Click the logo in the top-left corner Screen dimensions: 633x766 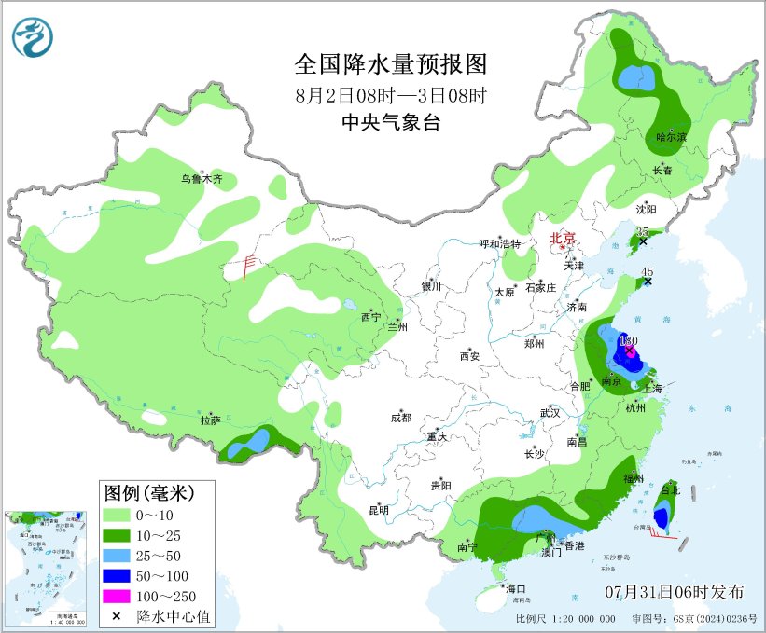pos(33,36)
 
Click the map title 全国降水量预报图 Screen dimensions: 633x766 pos(391,64)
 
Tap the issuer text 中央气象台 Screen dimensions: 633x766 pos(391,122)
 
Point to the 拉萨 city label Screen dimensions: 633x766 pos(210,420)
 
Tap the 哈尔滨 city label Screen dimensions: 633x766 pos(671,137)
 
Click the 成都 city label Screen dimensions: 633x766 pos(401,419)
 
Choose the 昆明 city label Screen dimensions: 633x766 pos(378,509)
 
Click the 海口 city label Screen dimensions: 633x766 pos(516,588)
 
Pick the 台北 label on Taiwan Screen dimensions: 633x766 pos(670,489)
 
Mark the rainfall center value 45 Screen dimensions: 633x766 pos(648,271)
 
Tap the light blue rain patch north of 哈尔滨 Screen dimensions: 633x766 pos(634,76)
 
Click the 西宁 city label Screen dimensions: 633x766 pos(370,318)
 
